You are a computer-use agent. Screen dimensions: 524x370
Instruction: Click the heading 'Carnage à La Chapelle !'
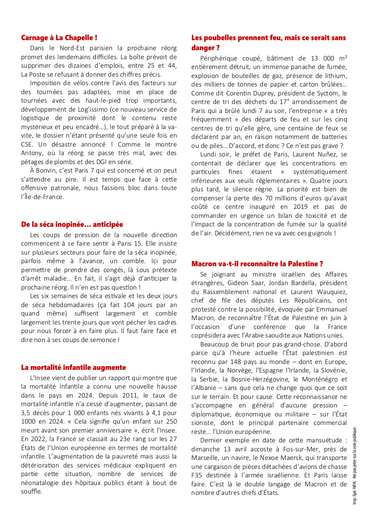[x=59, y=38]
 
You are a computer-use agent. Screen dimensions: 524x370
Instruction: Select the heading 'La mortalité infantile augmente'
[x=73, y=367]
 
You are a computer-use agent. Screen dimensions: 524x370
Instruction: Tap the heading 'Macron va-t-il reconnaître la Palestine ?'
[x=257, y=264]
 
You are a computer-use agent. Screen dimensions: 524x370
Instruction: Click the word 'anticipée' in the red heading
[x=107, y=224]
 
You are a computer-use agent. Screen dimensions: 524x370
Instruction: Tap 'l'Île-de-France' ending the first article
[x=43, y=197]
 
